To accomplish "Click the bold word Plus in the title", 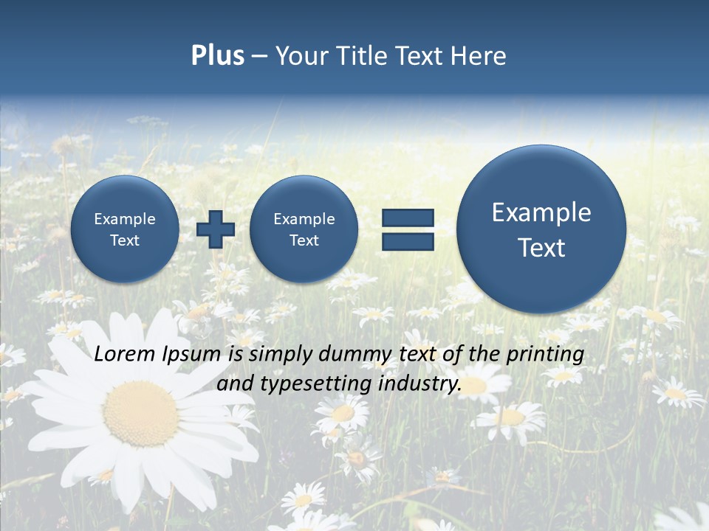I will (217, 56).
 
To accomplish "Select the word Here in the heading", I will (479, 56).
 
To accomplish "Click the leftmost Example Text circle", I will (125, 229).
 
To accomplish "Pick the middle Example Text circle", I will (304, 229).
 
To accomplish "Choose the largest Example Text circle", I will (541, 229).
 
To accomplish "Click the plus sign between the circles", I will (216, 229).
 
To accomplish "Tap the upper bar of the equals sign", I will (407, 218).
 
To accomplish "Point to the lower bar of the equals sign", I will (407, 241).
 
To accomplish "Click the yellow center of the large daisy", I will (140, 413).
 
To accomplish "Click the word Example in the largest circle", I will (541, 212).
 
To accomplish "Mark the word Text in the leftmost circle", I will (125, 240).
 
